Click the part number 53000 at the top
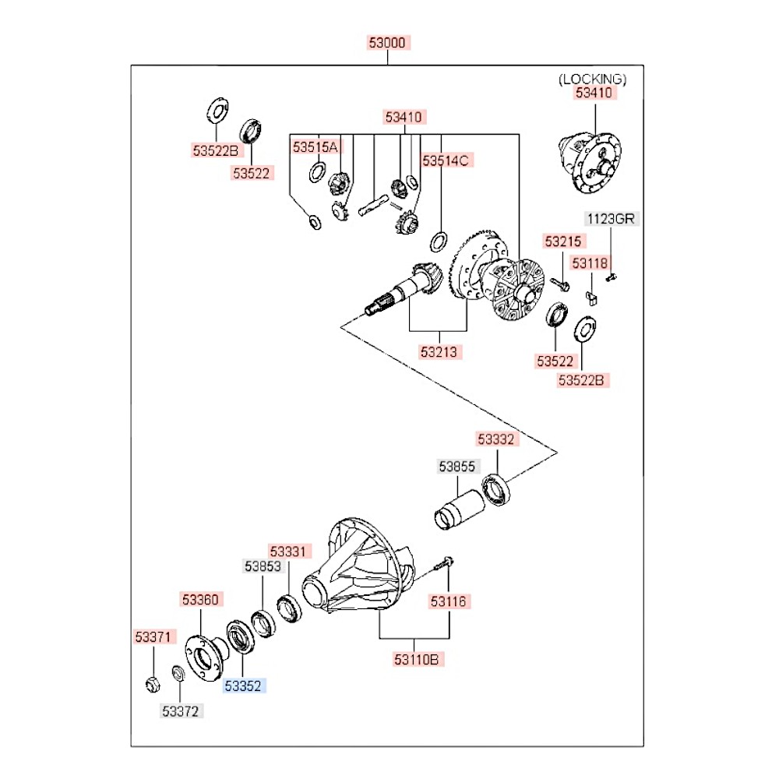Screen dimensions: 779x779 point(388,43)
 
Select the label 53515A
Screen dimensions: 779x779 point(315,146)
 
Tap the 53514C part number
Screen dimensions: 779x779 point(446,161)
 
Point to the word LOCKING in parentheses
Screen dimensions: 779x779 point(592,79)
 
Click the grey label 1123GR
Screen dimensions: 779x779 point(612,219)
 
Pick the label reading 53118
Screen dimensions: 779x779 point(590,263)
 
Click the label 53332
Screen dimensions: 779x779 point(496,440)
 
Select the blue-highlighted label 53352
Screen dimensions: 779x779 point(245,686)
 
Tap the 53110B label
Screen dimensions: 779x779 point(418,660)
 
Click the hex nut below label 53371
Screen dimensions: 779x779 point(153,684)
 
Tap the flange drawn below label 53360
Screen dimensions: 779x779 point(203,651)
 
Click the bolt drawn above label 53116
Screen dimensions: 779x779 point(445,565)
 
